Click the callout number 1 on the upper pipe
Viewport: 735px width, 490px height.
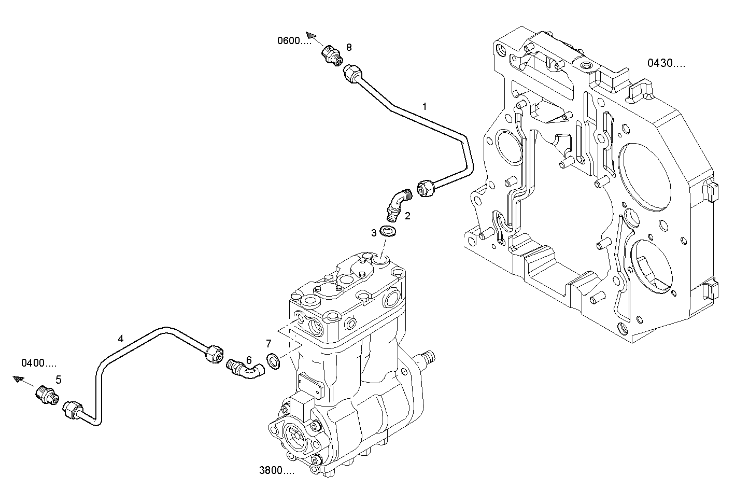(x=425, y=107)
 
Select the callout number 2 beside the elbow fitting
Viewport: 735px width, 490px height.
(x=408, y=216)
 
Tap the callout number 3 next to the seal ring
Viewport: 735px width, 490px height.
(x=374, y=233)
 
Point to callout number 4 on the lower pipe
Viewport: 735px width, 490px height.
(x=121, y=339)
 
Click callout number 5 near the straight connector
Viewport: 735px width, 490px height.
(x=59, y=380)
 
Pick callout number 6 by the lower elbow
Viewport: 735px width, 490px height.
(x=249, y=359)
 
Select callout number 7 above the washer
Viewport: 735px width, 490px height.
(x=268, y=343)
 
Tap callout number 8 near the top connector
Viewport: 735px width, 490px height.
(x=349, y=47)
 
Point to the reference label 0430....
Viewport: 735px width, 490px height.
(x=666, y=63)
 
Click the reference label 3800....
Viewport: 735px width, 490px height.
(x=276, y=470)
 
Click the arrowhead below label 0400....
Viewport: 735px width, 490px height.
(x=19, y=380)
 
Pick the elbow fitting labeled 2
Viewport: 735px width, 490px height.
(x=398, y=203)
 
